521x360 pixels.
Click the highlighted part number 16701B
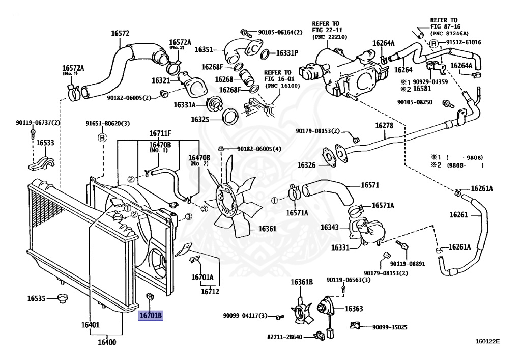tap(151, 316)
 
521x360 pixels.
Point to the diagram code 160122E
tap(488, 342)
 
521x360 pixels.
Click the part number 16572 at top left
tap(121, 34)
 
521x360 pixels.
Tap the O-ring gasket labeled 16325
tap(230, 116)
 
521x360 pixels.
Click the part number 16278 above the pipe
tap(385, 125)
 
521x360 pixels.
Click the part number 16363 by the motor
tap(354, 309)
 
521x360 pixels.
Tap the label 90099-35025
tap(390, 327)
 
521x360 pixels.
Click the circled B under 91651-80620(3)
tap(102, 137)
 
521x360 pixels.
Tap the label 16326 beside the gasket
tap(307, 164)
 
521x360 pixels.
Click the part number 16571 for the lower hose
tap(370, 185)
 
